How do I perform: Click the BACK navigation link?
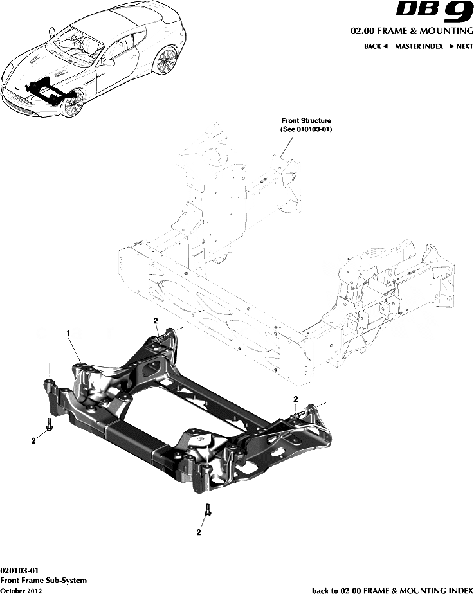coord(376,46)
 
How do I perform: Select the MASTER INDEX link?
coord(419,46)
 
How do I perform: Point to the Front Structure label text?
coord(306,120)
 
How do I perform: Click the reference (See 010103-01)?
coord(306,129)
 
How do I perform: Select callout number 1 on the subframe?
coord(67,333)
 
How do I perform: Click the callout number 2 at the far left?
coord(32,440)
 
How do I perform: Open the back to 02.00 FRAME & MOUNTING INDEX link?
coord(392,590)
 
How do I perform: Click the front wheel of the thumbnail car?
coord(72,104)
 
